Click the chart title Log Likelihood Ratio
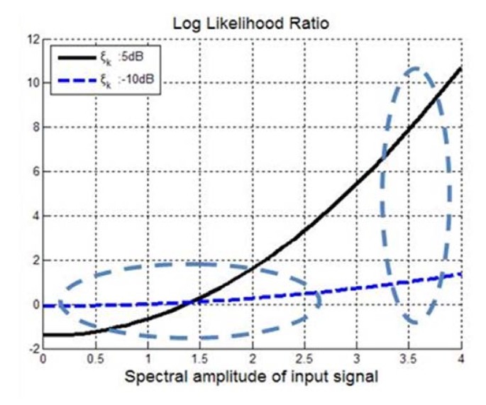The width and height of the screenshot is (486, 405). point(252,23)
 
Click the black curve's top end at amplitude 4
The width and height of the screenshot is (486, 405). point(461,68)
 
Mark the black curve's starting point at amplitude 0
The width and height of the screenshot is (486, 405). point(43,335)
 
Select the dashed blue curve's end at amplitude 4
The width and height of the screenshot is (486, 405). point(461,273)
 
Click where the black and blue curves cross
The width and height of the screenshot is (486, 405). point(191,301)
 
